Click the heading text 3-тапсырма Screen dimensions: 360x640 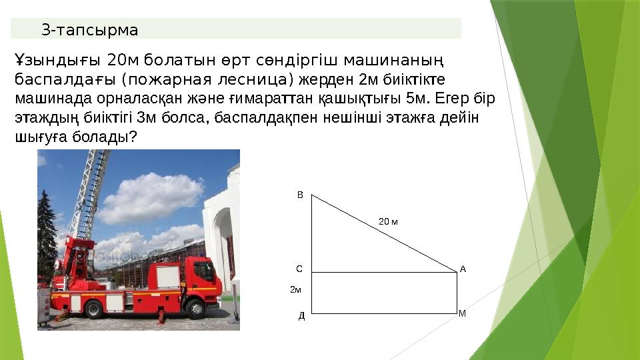point(89,30)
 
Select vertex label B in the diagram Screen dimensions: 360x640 point(299,195)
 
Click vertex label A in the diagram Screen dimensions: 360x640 point(463,269)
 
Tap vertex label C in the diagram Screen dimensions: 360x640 point(299,269)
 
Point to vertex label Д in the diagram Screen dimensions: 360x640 point(301,316)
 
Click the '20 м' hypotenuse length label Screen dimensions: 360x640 point(387,221)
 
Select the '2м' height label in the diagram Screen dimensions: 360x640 point(295,290)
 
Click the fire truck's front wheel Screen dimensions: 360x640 point(195,308)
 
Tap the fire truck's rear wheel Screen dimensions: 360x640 point(93,309)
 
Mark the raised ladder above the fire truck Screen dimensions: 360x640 point(93,193)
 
